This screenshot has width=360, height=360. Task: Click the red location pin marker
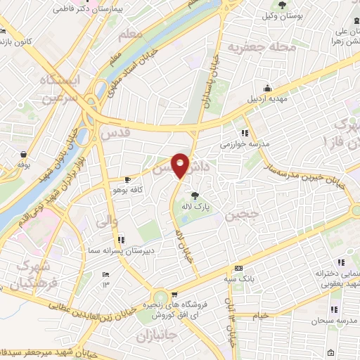(x=181, y=166)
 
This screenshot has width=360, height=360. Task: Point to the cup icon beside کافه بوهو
(x=127, y=179)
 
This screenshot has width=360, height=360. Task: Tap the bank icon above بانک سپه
(x=239, y=267)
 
